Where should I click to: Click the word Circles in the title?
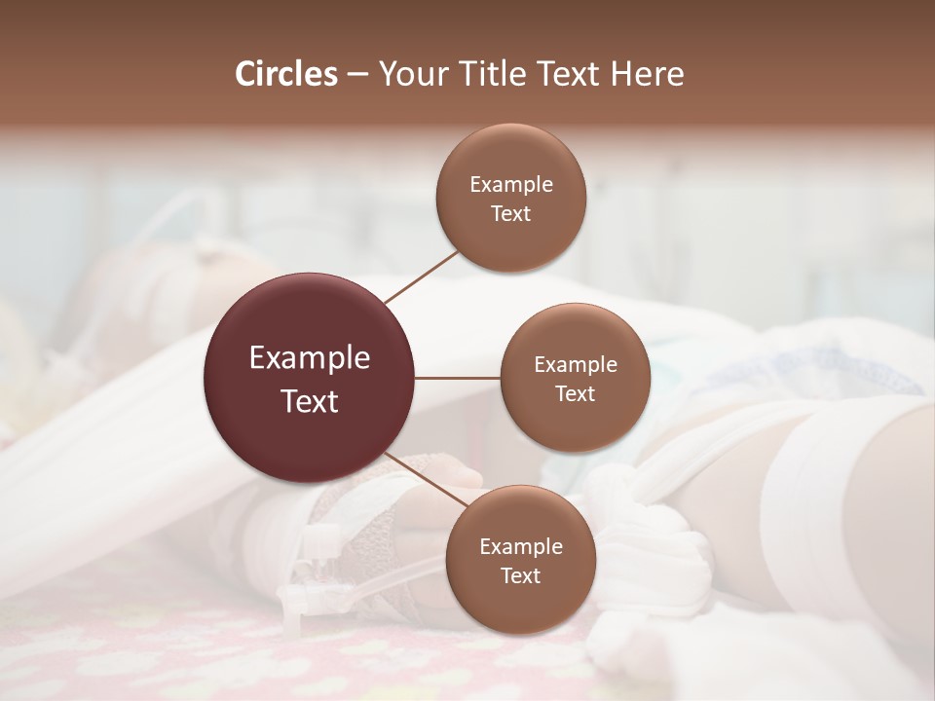pos(286,74)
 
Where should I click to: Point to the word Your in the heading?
pos(409,74)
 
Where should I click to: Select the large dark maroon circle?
pos(310,438)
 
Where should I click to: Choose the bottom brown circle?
pos(520,609)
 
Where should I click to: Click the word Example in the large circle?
pos(310,358)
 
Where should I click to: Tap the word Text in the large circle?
pos(310,400)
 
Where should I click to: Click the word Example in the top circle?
pos(511,184)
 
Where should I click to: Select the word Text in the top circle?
pos(511,213)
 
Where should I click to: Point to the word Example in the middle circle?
pos(576,364)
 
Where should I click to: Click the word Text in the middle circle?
pos(576,393)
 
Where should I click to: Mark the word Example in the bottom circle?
pos(520,546)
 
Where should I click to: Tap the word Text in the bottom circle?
pos(520,575)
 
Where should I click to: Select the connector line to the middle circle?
pos(458,378)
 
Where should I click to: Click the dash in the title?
pos(356,75)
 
